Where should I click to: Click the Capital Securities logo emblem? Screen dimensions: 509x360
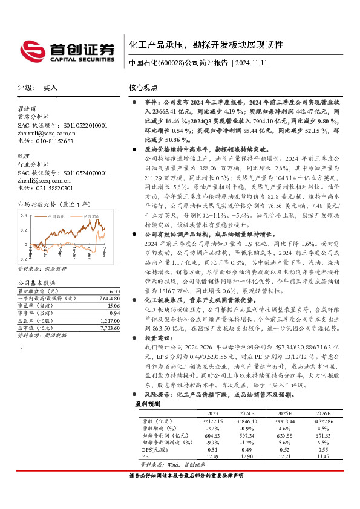pyautogui.click(x=31, y=49)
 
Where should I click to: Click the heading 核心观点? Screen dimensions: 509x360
pyautogui.click(x=143, y=88)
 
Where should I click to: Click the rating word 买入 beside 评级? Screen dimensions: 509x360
pyautogui.click(x=50, y=88)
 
